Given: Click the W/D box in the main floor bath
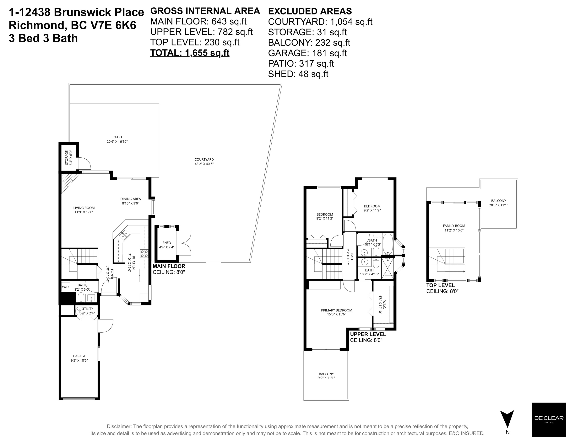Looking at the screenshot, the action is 66,287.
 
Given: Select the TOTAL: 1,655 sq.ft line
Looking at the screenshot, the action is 190,53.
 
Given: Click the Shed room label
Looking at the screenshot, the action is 167,243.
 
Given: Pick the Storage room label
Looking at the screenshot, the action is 67,158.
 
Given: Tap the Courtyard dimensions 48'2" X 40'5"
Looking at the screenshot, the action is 204,164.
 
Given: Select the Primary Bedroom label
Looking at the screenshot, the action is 336,310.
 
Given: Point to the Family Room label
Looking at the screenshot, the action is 454,226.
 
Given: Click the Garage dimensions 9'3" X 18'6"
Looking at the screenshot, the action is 79,360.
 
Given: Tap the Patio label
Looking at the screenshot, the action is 117,137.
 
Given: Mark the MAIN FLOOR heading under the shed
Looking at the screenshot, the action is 169,266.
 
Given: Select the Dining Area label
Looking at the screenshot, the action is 131,199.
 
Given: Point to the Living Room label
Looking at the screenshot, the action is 84,208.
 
